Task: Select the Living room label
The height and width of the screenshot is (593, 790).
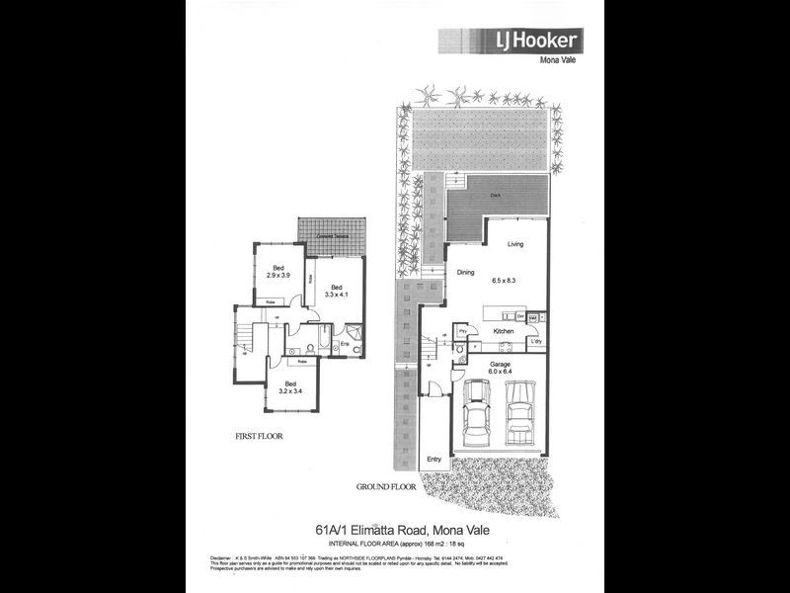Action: (x=515, y=244)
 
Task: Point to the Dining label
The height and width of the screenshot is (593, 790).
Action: (x=466, y=274)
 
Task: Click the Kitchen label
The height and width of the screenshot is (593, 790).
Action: (x=504, y=331)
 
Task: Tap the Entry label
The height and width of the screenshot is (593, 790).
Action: (x=434, y=460)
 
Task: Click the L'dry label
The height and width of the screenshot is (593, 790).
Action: (x=536, y=342)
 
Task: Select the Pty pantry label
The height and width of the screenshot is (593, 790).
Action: (x=461, y=330)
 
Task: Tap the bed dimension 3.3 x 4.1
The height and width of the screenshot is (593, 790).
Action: (x=333, y=294)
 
